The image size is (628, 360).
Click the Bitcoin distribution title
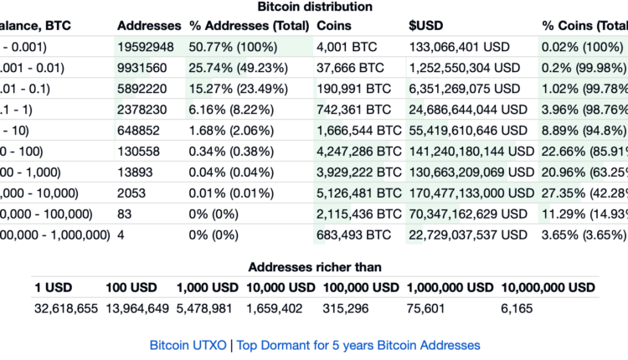(314, 7)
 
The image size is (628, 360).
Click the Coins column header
(333, 26)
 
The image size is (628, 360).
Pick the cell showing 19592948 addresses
(146, 47)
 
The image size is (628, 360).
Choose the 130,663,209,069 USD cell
(471, 172)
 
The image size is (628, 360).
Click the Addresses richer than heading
(314, 268)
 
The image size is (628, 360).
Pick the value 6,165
(516, 309)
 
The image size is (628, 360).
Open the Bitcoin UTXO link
(189, 345)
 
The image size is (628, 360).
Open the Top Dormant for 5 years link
(359, 345)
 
